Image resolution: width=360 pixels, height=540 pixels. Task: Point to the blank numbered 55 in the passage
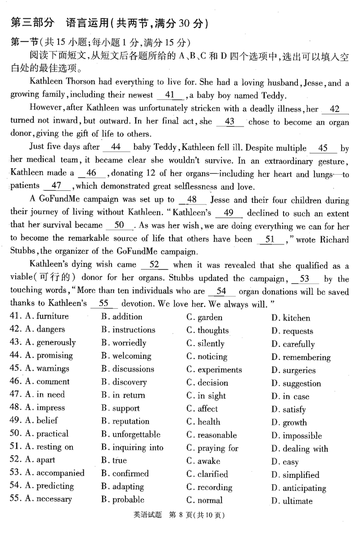104,304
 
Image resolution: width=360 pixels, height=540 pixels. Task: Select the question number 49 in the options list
15,421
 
